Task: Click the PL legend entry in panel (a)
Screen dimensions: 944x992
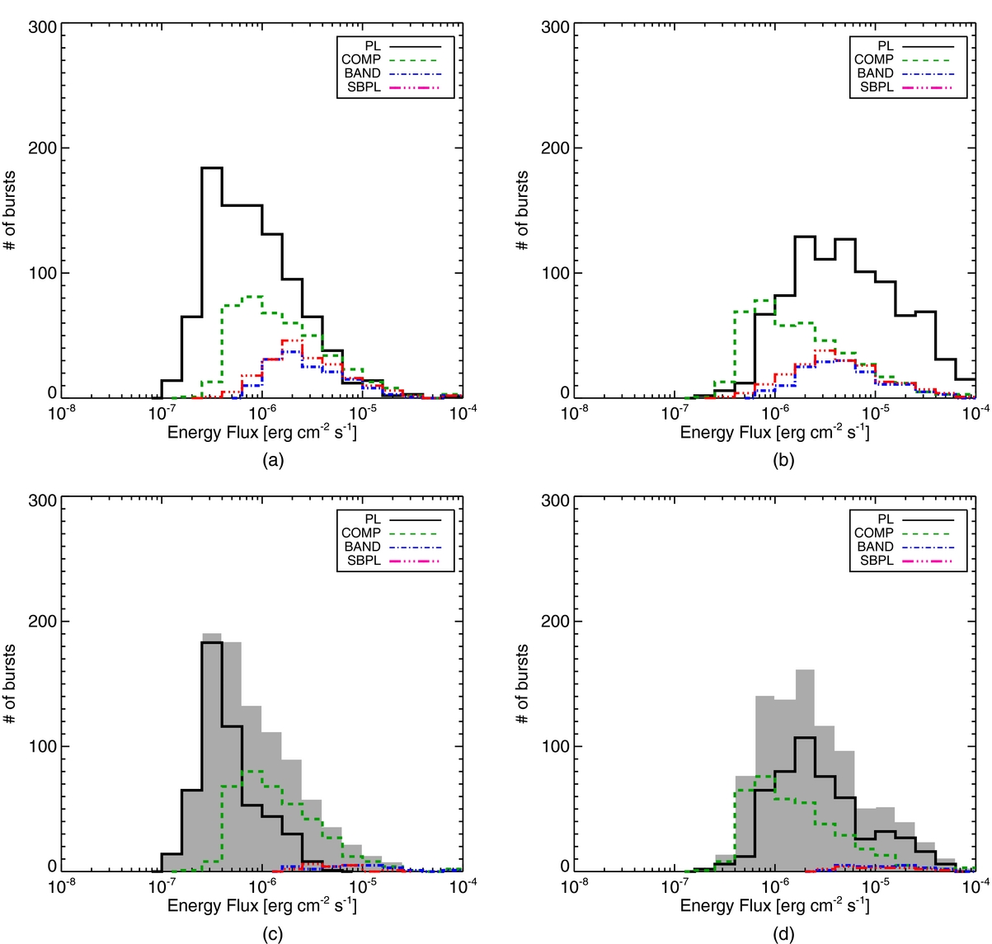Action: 373,46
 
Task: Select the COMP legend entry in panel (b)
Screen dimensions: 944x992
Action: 874,59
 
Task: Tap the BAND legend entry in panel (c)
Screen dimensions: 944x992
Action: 361,547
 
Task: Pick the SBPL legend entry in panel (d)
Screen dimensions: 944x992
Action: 876,561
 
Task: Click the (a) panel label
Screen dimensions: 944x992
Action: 273,460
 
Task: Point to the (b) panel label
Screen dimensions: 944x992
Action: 784,460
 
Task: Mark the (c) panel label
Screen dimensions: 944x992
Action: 273,933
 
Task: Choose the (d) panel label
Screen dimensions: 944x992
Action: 784,933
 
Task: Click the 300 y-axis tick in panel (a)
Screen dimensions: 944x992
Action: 43,27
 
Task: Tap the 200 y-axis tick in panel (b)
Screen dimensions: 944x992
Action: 556,148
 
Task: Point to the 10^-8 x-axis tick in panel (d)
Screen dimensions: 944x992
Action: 574,886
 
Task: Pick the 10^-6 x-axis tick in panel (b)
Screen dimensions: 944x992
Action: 775,412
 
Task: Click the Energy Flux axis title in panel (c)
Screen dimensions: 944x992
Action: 262,905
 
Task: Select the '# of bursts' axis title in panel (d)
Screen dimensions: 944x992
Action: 522,684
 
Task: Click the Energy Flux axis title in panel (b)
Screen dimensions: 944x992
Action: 774,432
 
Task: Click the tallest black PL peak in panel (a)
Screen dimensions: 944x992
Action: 212,168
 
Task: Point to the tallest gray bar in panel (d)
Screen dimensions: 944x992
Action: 806,670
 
